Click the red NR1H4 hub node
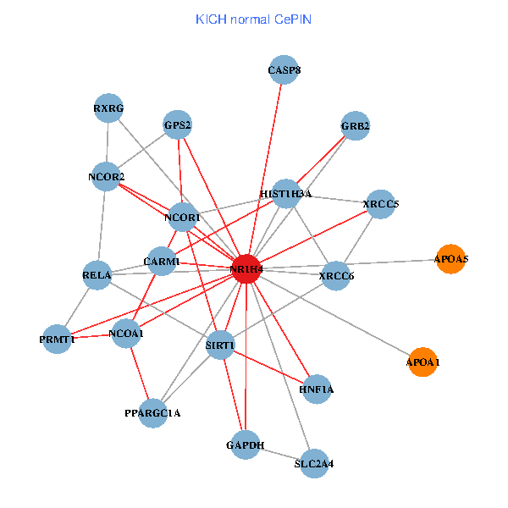246,268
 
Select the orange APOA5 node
450,258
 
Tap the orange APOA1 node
422,362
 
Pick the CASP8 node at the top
284,70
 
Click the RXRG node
108,108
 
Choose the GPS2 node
178,125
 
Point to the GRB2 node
356,126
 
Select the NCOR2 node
106,176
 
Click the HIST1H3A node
286,194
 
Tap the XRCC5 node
380,204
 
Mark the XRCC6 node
336,276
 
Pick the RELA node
97,274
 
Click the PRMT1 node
57,339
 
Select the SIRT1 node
220,345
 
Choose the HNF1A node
317,389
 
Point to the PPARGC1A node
152,413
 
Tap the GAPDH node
246,444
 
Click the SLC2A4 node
314,463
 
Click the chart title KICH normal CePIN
253,19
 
